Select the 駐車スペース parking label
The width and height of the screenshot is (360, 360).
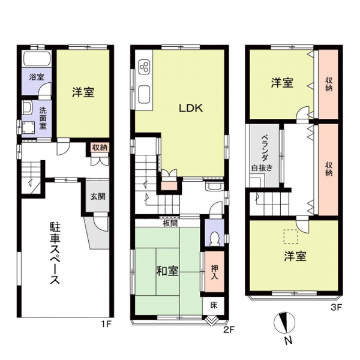[55, 254]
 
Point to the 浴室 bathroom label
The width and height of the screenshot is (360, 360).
[37, 77]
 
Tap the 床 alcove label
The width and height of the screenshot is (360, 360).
[214, 305]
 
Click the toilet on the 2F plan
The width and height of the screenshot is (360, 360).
[214, 238]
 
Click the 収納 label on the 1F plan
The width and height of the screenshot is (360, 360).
[100, 148]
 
